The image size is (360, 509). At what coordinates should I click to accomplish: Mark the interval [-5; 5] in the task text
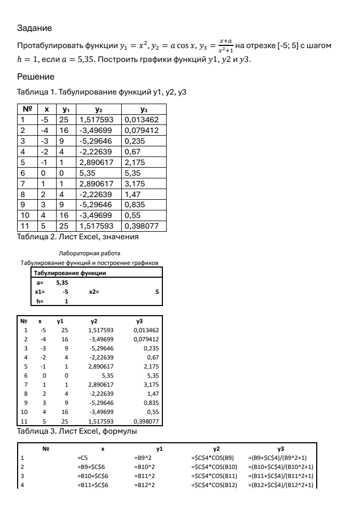[292, 46]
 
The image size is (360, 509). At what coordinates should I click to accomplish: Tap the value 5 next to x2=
[158, 292]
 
